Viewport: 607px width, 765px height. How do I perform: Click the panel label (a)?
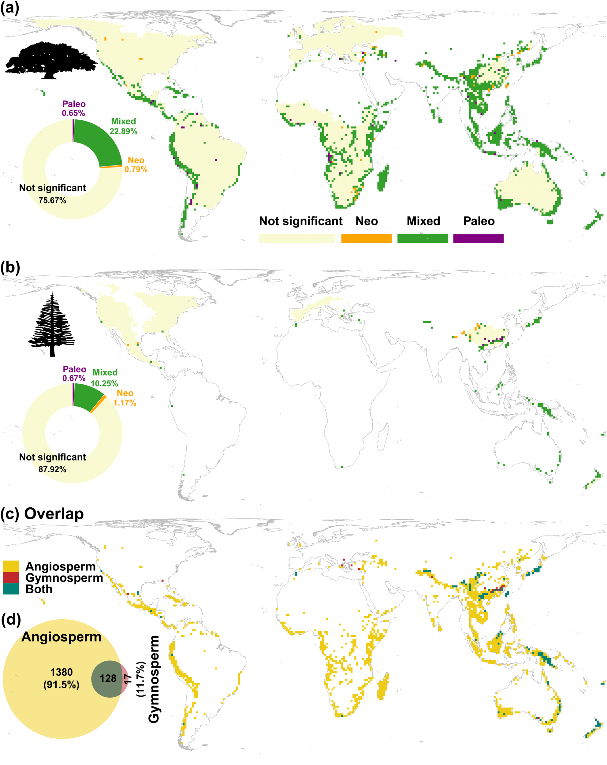[x=9, y=8]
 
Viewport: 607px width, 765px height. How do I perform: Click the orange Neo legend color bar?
[x=366, y=238]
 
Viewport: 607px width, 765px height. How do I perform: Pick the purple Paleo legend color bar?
[x=478, y=238]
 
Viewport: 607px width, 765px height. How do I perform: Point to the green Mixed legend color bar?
[x=422, y=238]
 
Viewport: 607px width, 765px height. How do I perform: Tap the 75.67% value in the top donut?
[x=53, y=200]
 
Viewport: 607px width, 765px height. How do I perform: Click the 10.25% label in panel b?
[x=104, y=383]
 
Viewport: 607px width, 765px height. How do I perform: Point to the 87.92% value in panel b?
[x=53, y=469]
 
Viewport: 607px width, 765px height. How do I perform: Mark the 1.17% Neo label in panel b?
[x=125, y=403]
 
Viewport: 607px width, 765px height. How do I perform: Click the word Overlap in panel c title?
[x=54, y=514]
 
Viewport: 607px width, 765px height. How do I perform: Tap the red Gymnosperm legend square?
[x=11, y=578]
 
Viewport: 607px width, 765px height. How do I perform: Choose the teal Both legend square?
[x=11, y=589]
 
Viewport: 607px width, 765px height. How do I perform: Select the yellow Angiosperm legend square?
[x=11, y=567]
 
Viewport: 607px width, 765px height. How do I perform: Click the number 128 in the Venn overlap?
[x=108, y=678]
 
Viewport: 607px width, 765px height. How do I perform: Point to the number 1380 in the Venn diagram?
[x=61, y=672]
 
